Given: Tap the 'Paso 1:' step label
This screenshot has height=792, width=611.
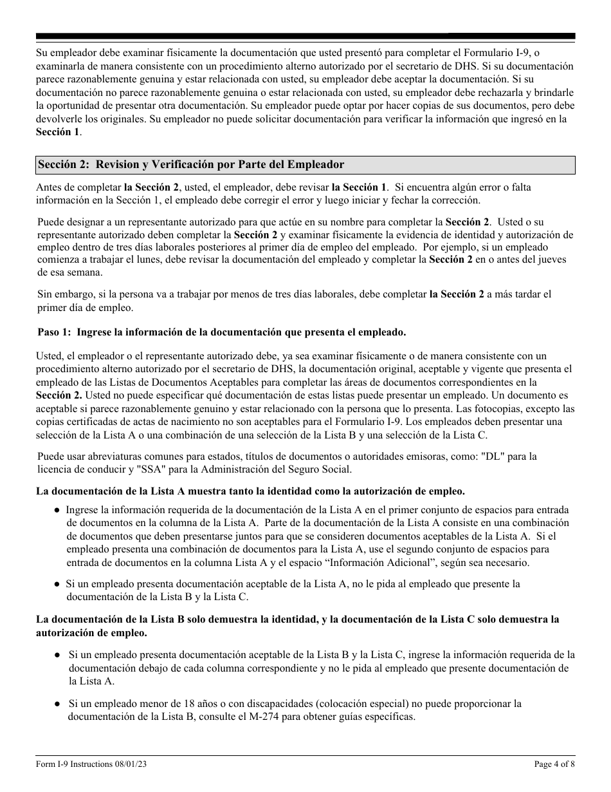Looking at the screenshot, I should tap(54, 332).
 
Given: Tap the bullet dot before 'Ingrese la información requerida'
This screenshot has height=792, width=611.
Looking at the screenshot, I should tap(57, 510).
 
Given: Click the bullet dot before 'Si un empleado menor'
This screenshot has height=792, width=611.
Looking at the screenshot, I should tap(57, 704).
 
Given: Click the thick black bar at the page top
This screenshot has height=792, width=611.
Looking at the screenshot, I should tap(305, 36).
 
